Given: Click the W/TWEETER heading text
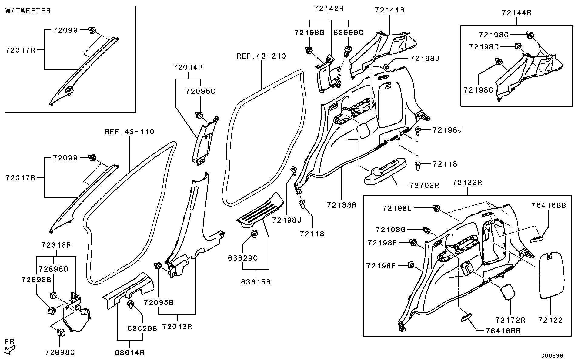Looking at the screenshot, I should [x=28, y=11].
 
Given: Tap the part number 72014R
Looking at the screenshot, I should [x=188, y=67].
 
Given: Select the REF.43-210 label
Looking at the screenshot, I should [x=261, y=56].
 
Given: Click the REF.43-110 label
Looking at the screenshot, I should [x=129, y=132].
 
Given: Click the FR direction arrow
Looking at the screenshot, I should [x=10, y=347].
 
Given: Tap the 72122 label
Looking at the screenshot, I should [x=550, y=320].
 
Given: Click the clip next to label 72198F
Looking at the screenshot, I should [x=411, y=265].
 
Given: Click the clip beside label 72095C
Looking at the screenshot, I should [x=199, y=115].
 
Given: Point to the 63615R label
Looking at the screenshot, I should [x=256, y=282].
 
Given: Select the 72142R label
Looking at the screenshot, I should [x=329, y=8].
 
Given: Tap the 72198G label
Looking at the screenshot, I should [x=390, y=230].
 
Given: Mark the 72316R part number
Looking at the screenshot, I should [x=56, y=245].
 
